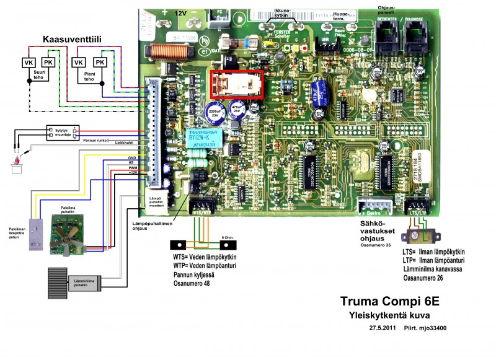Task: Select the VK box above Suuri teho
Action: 28,63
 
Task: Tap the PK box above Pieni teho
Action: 98,63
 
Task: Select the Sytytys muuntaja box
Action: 60,133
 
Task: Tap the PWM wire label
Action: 131,167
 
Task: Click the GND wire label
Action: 131,157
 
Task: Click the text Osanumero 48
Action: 193,283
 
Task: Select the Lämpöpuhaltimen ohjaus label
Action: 152,225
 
